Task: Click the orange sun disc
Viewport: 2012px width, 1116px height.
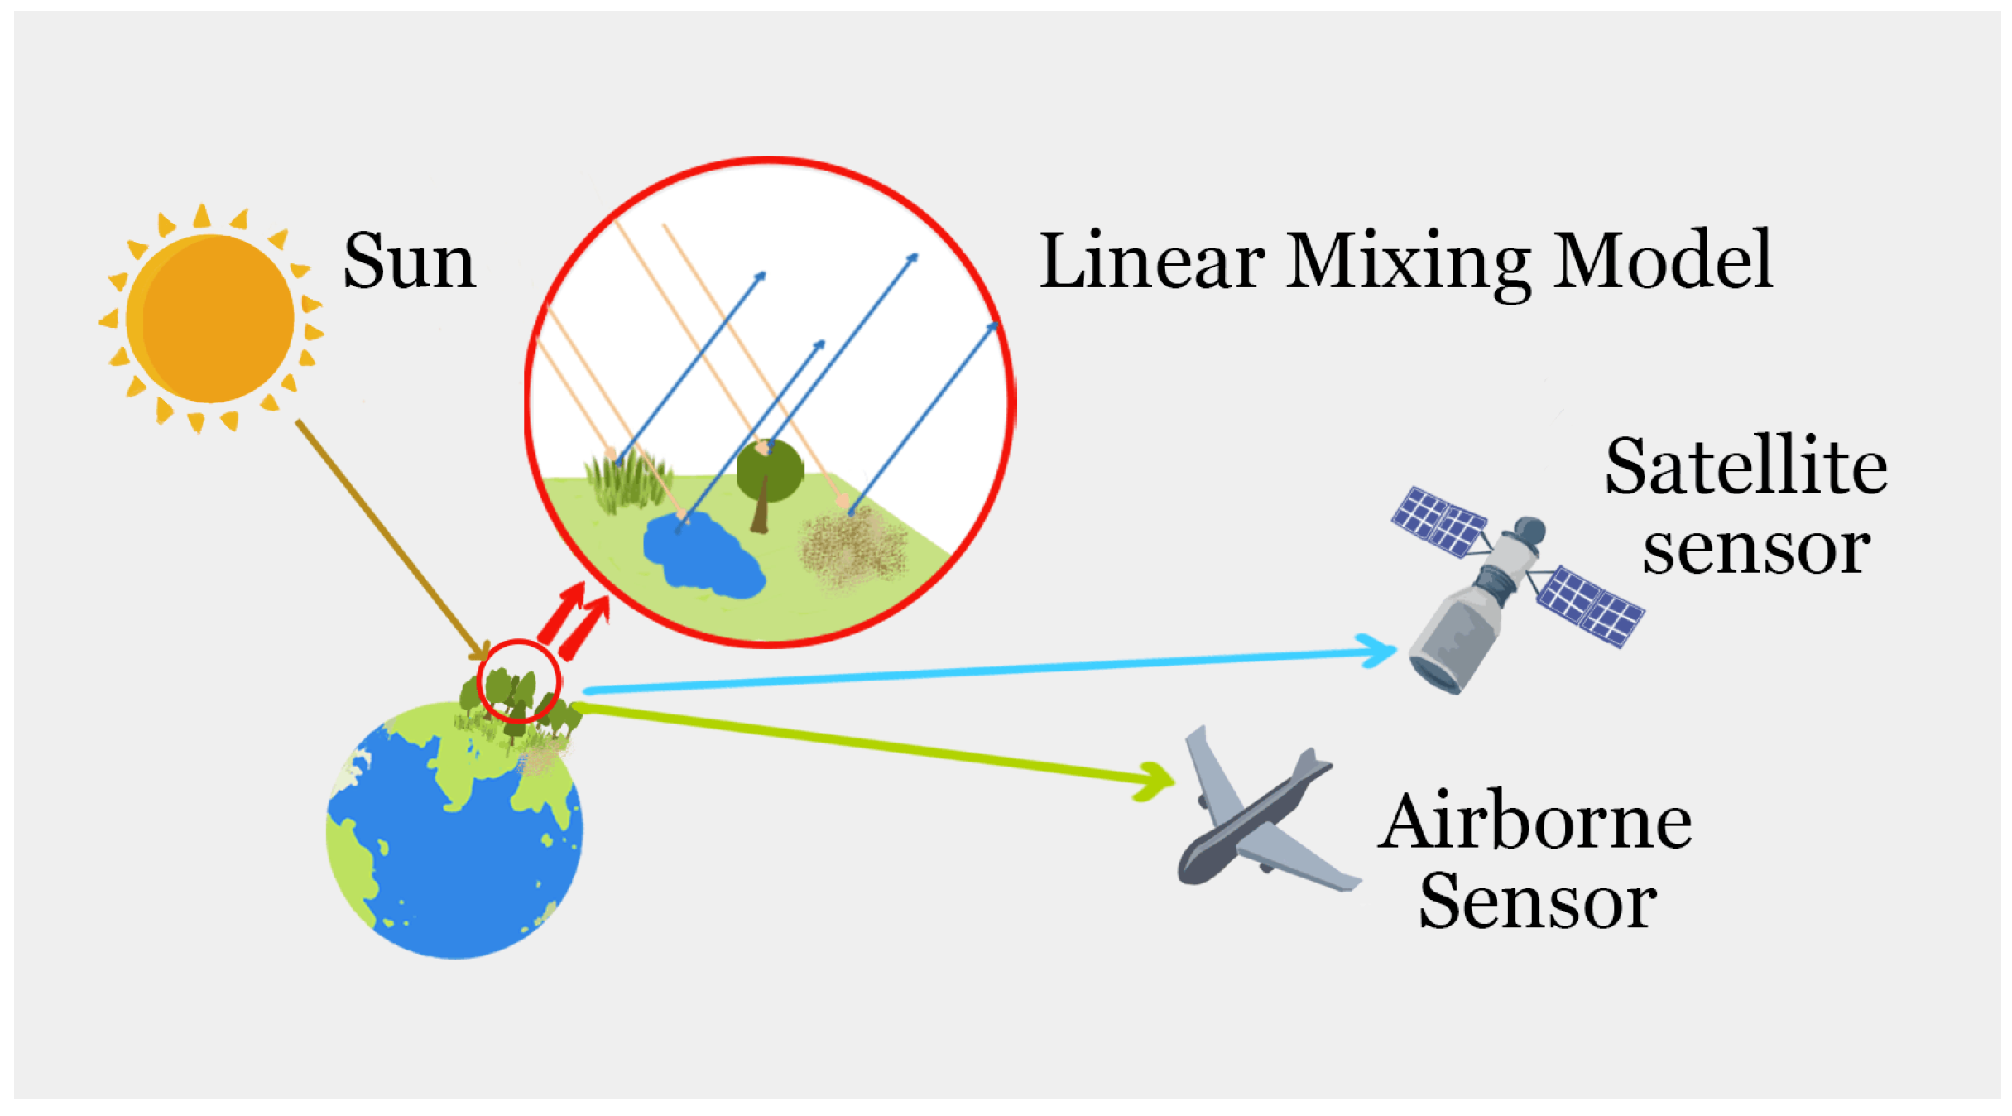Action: click(x=211, y=319)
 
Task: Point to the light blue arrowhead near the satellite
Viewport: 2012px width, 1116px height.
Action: click(x=1378, y=651)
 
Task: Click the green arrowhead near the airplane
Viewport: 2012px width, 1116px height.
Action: click(x=1155, y=780)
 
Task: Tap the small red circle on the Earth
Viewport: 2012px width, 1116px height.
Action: click(x=519, y=681)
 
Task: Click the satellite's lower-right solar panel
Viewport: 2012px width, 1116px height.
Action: click(x=1591, y=605)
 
